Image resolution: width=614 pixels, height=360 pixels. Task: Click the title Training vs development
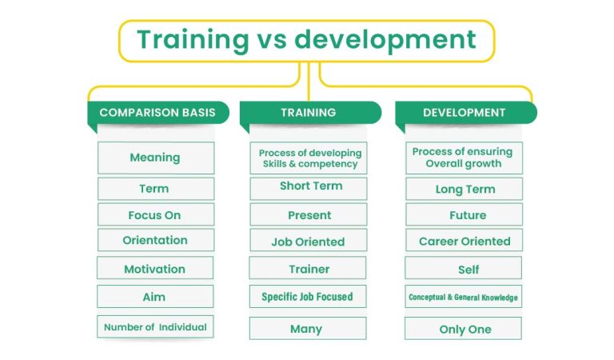click(x=306, y=40)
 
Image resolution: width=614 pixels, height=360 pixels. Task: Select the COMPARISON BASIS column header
click(x=157, y=113)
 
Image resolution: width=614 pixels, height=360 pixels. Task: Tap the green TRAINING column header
click(x=308, y=113)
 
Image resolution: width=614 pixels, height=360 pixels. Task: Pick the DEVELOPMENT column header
click(x=464, y=113)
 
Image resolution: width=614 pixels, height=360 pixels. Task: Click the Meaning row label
click(x=155, y=158)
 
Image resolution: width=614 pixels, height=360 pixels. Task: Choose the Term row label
click(x=155, y=189)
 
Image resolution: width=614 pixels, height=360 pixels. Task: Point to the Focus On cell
click(x=155, y=214)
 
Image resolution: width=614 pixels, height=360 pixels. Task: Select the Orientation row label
click(x=155, y=240)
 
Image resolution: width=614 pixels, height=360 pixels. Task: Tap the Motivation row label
click(x=155, y=269)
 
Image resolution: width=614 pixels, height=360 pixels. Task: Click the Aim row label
click(x=155, y=296)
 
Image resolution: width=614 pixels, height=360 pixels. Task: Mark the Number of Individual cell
click(x=155, y=326)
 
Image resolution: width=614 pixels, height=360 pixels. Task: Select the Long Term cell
click(x=464, y=190)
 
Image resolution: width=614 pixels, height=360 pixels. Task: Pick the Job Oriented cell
click(x=309, y=240)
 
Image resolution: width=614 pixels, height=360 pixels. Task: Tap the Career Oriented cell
click(x=464, y=241)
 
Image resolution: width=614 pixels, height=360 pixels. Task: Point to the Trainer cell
click(x=309, y=269)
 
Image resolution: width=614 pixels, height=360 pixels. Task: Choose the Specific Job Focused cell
click(x=307, y=296)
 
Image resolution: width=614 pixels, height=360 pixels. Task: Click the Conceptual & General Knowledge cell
click(x=464, y=298)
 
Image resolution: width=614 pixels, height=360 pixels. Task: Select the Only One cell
click(x=464, y=329)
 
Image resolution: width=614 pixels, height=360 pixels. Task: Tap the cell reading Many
click(x=307, y=328)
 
